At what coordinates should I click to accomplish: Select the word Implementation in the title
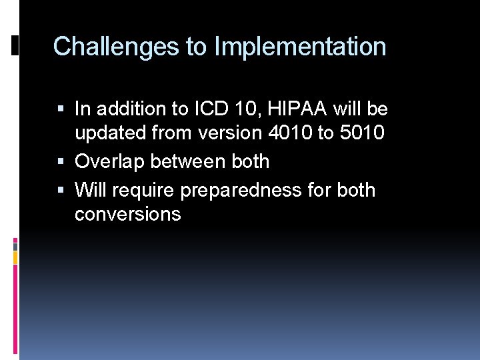[x=300, y=47]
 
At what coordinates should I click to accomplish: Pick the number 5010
[x=361, y=133]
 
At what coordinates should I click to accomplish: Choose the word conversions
[x=127, y=214]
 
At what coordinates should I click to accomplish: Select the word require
[x=143, y=190]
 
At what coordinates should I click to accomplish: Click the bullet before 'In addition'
[x=61, y=109]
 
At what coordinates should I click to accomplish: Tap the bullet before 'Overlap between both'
[x=61, y=162]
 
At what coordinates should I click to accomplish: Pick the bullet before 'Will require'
[x=61, y=191]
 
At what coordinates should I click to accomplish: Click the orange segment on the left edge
[x=16, y=257]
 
